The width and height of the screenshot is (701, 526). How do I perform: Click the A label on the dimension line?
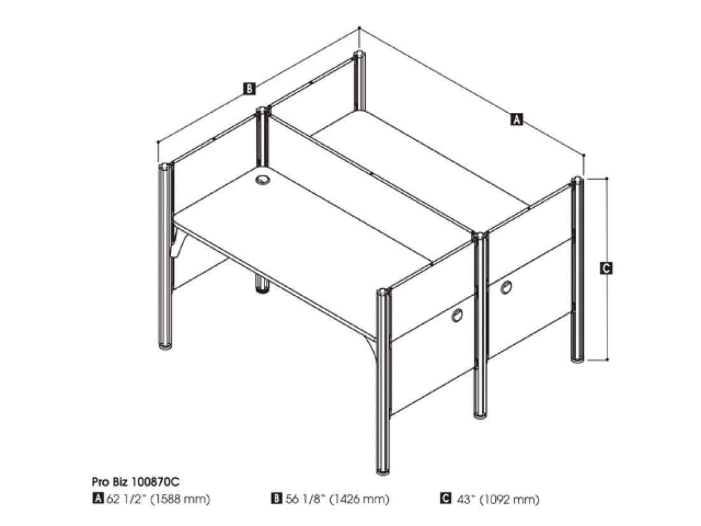click(x=516, y=119)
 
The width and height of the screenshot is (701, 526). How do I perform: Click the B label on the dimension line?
click(x=249, y=89)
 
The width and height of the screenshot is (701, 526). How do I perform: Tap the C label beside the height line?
click(x=606, y=268)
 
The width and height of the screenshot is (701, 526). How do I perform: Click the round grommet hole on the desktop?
click(x=263, y=180)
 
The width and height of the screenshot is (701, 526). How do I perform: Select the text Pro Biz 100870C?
click(x=136, y=482)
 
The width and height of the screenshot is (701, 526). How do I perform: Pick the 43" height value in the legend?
click(x=465, y=499)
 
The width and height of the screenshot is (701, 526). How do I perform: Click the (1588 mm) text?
click(x=180, y=499)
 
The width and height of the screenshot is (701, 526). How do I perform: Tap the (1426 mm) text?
click(x=359, y=499)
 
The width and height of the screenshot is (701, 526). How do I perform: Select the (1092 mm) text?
click(x=509, y=499)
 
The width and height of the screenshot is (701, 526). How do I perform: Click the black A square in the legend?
click(x=98, y=498)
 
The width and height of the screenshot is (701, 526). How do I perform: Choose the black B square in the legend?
click(x=277, y=498)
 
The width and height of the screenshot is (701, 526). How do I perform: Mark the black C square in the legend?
click(x=445, y=498)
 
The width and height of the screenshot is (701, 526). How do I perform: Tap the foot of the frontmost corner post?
click(x=383, y=471)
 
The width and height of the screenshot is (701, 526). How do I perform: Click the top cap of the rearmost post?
click(x=359, y=55)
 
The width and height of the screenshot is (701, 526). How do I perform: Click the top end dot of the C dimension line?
click(x=607, y=178)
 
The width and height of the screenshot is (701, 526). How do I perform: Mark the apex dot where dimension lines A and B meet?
click(x=359, y=27)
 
